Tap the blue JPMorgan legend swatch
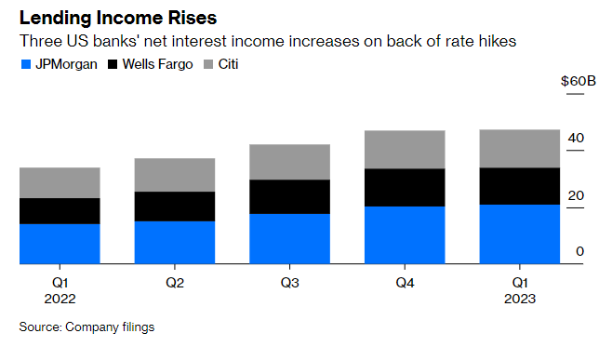click(25, 65)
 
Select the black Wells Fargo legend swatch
click(115, 65)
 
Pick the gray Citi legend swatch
click(208, 65)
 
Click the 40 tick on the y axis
click(577, 138)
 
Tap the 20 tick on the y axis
click(577, 195)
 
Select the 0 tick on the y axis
click(579, 252)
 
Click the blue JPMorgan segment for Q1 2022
click(60, 244)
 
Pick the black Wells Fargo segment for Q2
click(175, 206)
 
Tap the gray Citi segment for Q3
click(290, 162)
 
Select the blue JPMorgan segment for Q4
click(405, 234)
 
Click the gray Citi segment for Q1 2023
click(519, 148)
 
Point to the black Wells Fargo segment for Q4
click(405, 187)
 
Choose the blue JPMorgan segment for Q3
click(290, 239)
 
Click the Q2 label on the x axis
click(175, 282)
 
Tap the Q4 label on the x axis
click(405, 282)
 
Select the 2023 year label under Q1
click(519, 299)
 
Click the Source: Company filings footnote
click(86, 327)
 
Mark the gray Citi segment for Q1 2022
click(60, 182)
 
